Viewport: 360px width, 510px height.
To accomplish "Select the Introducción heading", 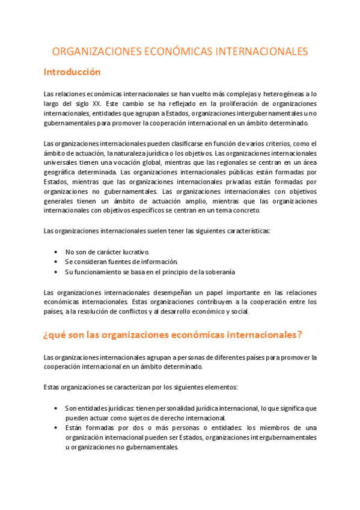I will tap(72, 72).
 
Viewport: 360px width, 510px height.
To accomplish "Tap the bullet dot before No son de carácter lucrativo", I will tap(55, 253).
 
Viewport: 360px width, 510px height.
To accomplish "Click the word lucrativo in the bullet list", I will tap(133, 253).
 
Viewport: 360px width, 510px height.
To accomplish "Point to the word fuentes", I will tap(121, 262).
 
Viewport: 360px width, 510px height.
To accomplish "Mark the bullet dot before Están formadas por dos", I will tap(55, 428).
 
